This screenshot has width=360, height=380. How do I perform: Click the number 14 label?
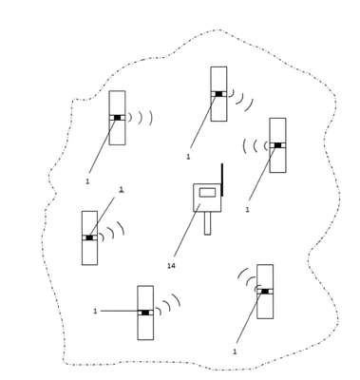tap(171, 266)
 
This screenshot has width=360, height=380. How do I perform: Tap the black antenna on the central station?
tap(222, 180)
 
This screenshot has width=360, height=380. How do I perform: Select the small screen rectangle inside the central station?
tap(207, 192)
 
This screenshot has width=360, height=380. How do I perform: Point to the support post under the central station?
tap(207, 223)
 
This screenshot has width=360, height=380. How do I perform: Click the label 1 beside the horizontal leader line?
tap(95, 312)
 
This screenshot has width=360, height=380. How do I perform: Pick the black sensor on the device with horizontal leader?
tap(145, 313)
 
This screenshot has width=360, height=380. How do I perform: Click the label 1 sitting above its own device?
tap(121, 190)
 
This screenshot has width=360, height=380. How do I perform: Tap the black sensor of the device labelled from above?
tap(89, 237)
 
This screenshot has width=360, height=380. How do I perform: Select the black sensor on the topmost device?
tap(218, 94)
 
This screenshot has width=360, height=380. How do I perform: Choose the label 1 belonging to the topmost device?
tap(188, 157)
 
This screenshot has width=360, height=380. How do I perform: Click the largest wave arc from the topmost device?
tap(250, 105)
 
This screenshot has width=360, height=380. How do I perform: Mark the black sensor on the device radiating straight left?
tap(277, 145)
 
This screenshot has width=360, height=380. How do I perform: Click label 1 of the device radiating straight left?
tap(247, 210)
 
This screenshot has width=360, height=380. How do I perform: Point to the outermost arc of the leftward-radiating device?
tap(244, 145)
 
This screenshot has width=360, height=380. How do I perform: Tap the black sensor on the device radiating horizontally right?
tap(118, 118)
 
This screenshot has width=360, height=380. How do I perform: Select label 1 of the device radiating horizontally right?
tap(87, 181)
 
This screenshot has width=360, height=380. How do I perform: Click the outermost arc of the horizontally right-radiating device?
tap(151, 118)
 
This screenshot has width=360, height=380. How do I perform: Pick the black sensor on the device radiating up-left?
tap(265, 292)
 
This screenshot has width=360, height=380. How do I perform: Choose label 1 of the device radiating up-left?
tap(235, 351)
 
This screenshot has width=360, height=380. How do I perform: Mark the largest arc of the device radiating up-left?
tap(241, 272)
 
